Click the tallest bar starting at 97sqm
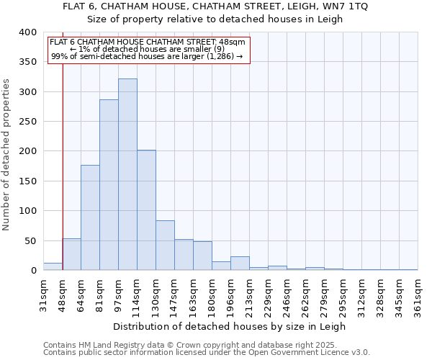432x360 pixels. pos(127,174)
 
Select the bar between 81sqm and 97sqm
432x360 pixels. pos(109,185)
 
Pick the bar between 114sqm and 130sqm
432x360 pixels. pos(146,210)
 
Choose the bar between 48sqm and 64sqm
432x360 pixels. pos(71,254)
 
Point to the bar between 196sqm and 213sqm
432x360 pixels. pos(240,264)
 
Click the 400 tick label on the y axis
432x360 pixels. pos(27,32)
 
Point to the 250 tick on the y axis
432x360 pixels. pos(27,122)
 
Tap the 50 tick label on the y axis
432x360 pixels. pos(30,240)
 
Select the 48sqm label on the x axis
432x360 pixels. pos(63,294)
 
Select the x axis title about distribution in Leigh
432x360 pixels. pos(230,326)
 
